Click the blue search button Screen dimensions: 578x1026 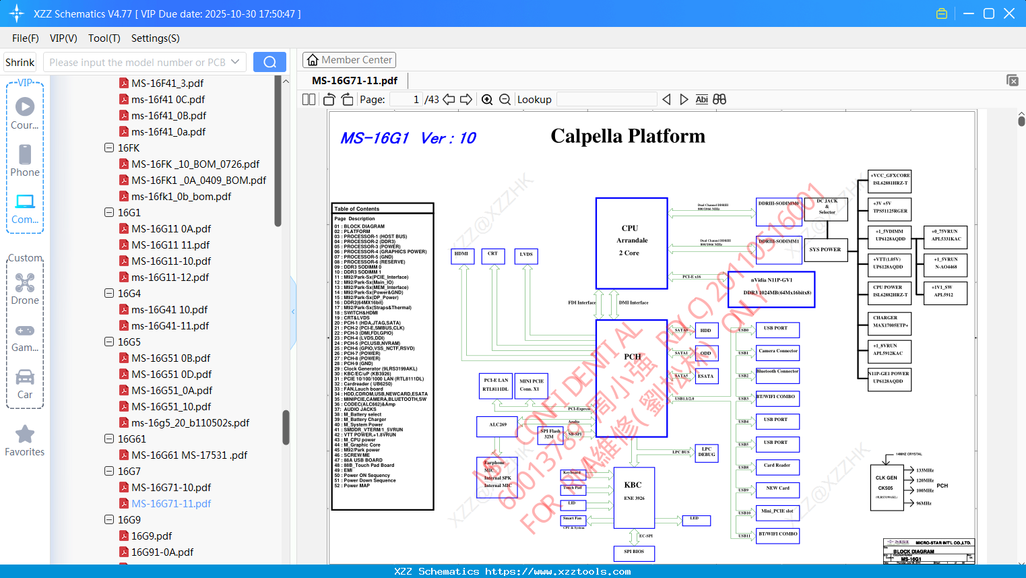pos(269,62)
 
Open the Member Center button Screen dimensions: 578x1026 pos(349,60)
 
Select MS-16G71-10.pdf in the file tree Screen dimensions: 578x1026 pos(171,487)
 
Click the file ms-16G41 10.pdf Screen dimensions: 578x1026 pos(169,309)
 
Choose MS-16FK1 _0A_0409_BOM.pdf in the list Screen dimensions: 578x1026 pos(198,180)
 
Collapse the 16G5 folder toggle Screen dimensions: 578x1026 pos(109,342)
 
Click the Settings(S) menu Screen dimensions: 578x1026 pos(155,38)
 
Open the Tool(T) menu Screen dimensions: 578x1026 pos(104,38)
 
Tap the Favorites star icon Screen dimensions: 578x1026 pos(25,435)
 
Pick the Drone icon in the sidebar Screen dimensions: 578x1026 pos(25,284)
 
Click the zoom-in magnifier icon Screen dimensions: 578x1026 pos(487,100)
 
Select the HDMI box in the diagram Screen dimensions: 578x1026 pos(461,255)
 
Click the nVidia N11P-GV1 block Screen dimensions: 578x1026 pos(771,289)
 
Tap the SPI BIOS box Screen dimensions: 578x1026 pos(633,552)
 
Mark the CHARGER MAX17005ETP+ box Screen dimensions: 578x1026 pos(890,321)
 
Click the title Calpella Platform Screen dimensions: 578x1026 pos(627,136)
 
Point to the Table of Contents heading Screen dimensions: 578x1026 pos(357,209)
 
